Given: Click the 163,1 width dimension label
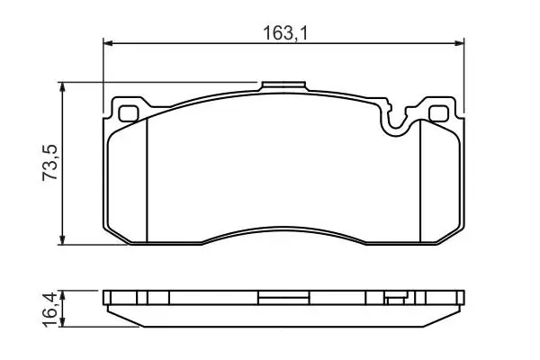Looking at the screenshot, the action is coord(284,33).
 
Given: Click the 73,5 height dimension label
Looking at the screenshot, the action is coord(50,163).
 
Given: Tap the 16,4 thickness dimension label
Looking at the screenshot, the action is coord(49,310).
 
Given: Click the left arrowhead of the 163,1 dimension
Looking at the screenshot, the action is coord(108,43).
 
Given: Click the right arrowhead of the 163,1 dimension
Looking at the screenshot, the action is coord(460,43).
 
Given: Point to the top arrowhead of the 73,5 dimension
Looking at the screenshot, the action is coord(62,86).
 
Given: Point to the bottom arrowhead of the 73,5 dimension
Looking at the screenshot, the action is coord(62,240).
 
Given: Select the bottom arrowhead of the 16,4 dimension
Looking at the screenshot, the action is coord(62,322).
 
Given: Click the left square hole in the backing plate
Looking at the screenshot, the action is coord(129,113).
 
